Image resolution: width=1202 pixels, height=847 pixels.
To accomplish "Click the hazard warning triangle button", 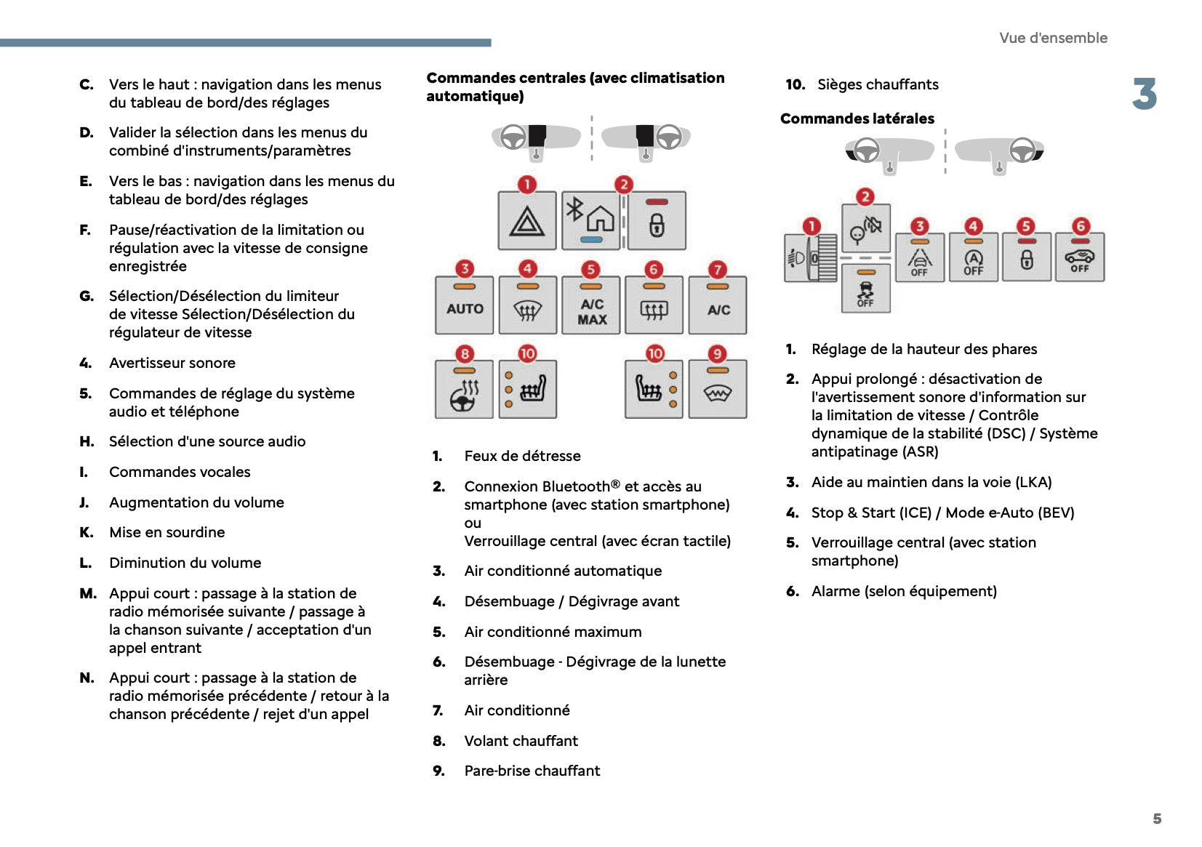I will click(527, 221).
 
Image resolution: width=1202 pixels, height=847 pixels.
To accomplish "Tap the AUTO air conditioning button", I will click(465, 306).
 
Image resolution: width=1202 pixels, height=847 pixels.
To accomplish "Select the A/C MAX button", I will click(591, 306).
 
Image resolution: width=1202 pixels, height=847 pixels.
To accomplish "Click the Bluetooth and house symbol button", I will click(590, 221).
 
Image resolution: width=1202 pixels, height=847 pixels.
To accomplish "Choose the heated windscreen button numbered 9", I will click(718, 390).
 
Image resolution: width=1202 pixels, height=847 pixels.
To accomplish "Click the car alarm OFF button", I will click(1080, 257).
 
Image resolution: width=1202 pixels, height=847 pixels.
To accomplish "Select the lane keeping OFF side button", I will click(920, 257).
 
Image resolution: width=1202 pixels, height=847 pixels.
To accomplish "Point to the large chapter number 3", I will click(1144, 95).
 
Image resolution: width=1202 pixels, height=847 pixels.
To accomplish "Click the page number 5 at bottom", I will click(1157, 819).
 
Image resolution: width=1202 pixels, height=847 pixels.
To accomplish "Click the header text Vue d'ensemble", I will click(1053, 38).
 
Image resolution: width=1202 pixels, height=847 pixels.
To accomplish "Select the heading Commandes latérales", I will click(857, 119).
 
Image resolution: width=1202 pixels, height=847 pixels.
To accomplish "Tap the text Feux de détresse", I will click(522, 456).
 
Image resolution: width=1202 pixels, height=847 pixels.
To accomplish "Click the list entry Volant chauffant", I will click(521, 741).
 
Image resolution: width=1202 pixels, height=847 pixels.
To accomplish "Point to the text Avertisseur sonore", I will click(172, 363).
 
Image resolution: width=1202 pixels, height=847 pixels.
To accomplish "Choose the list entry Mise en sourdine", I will click(167, 532).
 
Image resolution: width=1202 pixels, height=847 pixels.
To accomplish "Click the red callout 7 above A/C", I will click(718, 270).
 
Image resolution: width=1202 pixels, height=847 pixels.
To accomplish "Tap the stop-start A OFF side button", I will click(973, 257).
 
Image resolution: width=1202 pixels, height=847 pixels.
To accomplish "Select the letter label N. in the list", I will click(87, 678).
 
